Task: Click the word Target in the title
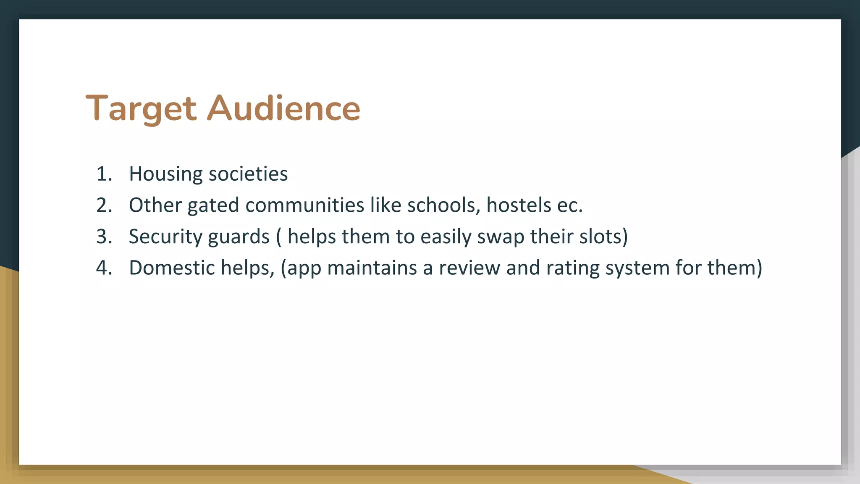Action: pyautogui.click(x=141, y=108)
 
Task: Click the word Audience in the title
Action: pyautogui.click(x=284, y=108)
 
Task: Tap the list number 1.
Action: pyautogui.click(x=103, y=174)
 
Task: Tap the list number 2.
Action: pyautogui.click(x=104, y=205)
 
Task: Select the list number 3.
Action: pyautogui.click(x=104, y=237)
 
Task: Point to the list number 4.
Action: pyautogui.click(x=104, y=268)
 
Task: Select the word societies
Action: pyautogui.click(x=248, y=174)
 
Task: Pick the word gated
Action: pyautogui.click(x=213, y=205)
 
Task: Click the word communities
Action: pyautogui.click(x=305, y=205)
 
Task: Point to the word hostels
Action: pyautogui.click(x=519, y=205)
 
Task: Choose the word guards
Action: pyautogui.click(x=239, y=237)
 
